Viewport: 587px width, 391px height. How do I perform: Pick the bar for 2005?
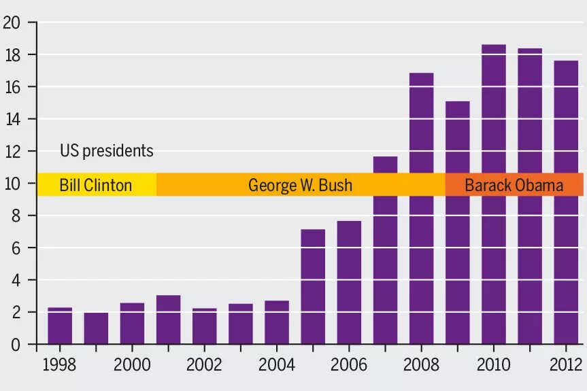(x=313, y=286)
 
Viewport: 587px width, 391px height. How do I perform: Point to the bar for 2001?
(x=168, y=320)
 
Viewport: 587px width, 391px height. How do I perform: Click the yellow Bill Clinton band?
(x=96, y=185)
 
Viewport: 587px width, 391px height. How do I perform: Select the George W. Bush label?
(x=300, y=185)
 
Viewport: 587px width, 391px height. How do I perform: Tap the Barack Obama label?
(x=514, y=185)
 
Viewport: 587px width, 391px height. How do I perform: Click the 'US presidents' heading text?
(x=107, y=151)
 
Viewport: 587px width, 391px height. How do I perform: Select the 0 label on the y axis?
(x=15, y=345)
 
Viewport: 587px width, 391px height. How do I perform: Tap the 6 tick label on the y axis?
(x=15, y=248)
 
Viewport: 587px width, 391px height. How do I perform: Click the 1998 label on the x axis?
(x=59, y=365)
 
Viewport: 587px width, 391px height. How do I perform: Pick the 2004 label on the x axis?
(x=276, y=365)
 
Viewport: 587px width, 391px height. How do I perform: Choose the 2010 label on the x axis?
(x=493, y=365)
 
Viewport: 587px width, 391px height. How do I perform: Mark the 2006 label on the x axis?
(x=349, y=365)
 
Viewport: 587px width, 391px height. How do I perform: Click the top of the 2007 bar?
(x=385, y=158)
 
